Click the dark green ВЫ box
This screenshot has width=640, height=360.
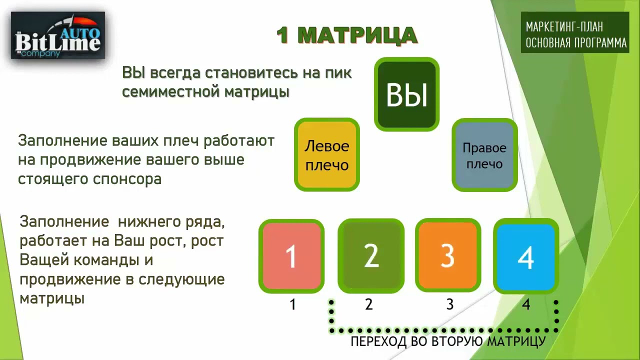click(x=406, y=94)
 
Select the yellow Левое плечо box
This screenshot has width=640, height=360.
click(x=327, y=154)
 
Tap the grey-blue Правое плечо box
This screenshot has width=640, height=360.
click(x=484, y=155)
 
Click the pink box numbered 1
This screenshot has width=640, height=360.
click(x=291, y=255)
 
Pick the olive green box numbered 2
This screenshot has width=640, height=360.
click(x=370, y=255)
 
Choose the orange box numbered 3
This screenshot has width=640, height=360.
click(x=448, y=255)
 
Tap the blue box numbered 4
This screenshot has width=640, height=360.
click(x=526, y=255)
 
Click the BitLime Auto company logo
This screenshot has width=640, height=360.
click(x=58, y=35)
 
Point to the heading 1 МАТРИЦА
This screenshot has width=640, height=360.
click(x=346, y=35)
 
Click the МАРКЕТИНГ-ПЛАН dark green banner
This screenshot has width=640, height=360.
click(x=575, y=32)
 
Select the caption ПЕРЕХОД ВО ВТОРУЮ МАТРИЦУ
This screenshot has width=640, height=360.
click(x=447, y=341)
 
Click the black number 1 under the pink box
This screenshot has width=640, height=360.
click(x=292, y=304)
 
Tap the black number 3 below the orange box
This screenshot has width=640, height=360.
click(x=449, y=304)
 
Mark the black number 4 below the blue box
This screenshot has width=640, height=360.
click(x=526, y=304)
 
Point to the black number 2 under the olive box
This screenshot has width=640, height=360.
click(x=369, y=304)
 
